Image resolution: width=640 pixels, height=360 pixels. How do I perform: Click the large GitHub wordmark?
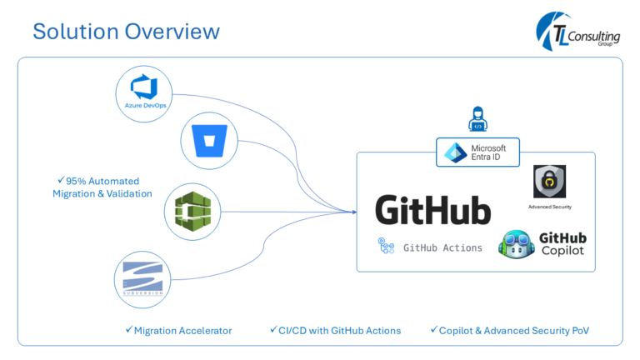tap(432, 210)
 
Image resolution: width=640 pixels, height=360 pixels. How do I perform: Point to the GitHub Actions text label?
tap(442, 247)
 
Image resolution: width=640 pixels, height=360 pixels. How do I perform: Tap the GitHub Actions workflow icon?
tap(387, 247)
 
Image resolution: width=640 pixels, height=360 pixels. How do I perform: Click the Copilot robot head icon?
tap(516, 244)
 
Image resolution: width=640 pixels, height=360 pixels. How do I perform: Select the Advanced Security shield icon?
tap(550, 181)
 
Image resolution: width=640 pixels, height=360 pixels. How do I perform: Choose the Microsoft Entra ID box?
tap(477, 152)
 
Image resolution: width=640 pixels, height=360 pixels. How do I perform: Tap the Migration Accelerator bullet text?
tap(182, 331)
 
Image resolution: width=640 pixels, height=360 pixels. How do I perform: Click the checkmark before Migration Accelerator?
tap(128, 330)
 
